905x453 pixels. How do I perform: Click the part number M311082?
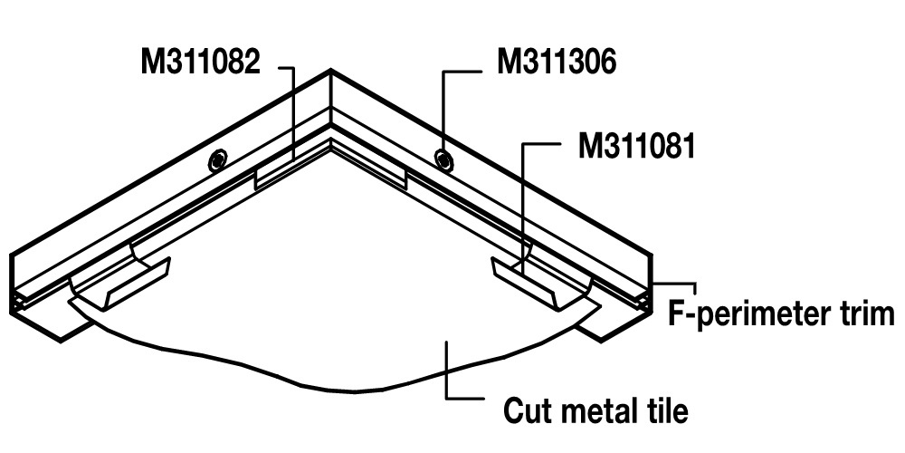(201, 63)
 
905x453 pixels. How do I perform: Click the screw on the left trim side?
(216, 160)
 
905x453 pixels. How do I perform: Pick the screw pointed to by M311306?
(443, 159)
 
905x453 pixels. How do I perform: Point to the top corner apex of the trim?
(330, 72)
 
